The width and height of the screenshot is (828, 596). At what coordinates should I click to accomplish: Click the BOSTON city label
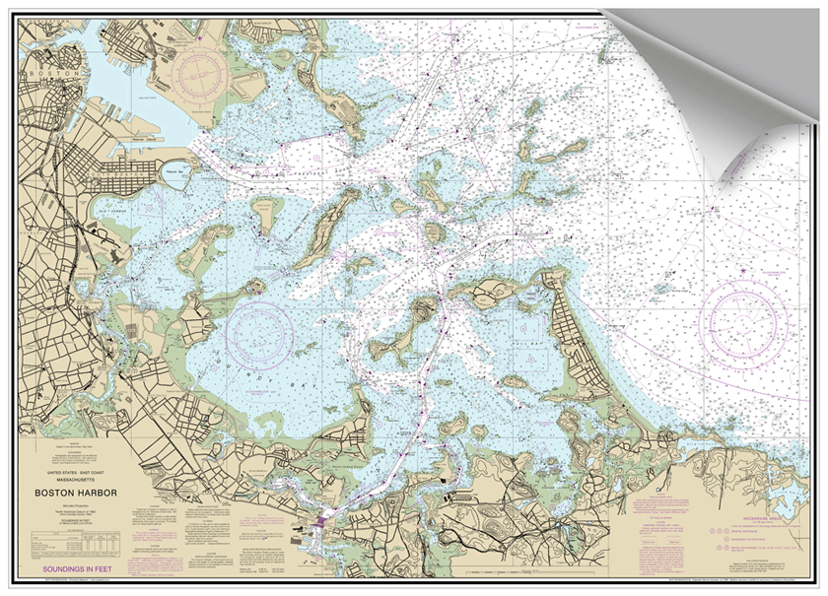[x=45, y=74]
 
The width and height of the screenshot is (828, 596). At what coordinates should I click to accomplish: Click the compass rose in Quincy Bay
[x=259, y=331]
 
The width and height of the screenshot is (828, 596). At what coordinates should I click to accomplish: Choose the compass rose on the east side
[x=744, y=320]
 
